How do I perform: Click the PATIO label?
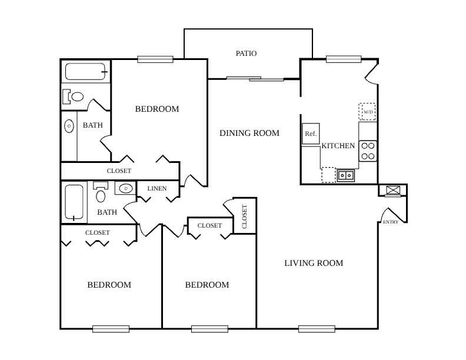246,54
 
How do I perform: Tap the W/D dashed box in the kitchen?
367,112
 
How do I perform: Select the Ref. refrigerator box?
311,134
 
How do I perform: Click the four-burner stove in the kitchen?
368,151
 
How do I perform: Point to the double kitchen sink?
346,175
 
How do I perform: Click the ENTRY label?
391,222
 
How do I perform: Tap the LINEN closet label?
157,188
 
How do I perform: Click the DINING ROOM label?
249,133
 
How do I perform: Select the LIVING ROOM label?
314,263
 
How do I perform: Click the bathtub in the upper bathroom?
85,71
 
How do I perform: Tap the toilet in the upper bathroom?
74,96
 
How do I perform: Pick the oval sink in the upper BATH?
69,126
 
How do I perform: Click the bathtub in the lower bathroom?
74,202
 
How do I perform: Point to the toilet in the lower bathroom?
101,192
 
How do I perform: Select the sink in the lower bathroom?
125,188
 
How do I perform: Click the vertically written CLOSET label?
245,217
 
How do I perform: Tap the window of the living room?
317,329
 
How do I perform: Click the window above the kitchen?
344,59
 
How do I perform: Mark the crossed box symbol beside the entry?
393,190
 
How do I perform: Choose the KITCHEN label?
338,146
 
